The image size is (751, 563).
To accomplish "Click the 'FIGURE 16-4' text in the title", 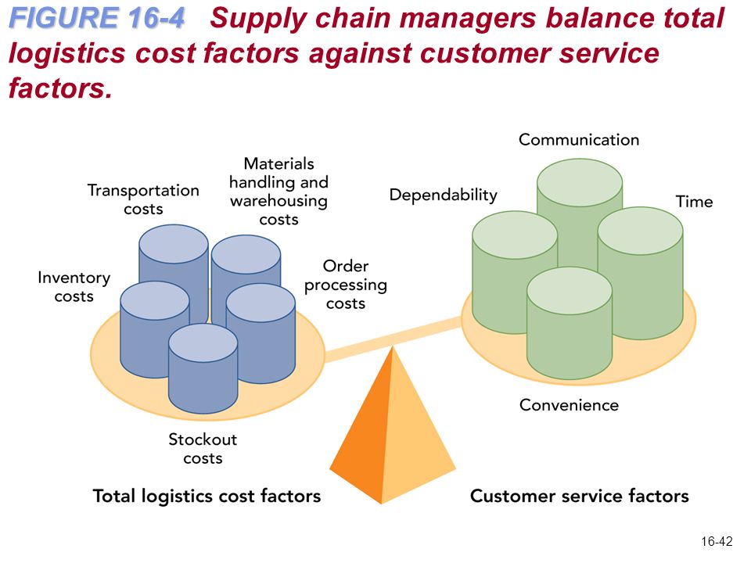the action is point(97,18).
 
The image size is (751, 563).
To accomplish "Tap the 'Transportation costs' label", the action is point(143,199).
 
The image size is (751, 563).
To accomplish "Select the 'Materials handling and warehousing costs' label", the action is point(278,191).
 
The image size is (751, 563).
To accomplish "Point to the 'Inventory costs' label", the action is point(74,286).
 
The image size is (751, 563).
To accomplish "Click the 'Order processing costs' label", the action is point(345,285).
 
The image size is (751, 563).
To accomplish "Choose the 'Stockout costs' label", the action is point(203,448).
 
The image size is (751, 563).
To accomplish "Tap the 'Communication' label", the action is point(579,139).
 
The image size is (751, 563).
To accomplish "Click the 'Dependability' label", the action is point(443,195).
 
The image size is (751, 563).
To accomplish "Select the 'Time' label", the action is point(694,201).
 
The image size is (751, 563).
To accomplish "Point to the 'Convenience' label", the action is point(569,405).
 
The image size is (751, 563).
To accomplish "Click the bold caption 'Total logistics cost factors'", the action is point(207,496).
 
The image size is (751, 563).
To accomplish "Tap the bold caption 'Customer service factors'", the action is point(580,496).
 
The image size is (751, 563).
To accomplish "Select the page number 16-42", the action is point(717,541).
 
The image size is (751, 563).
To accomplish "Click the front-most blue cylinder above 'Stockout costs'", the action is point(203,368).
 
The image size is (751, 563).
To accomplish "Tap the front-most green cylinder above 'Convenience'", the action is point(570,324).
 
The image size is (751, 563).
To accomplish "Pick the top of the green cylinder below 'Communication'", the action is point(580,183).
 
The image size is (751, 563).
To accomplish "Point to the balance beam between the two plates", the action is point(393,339).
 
